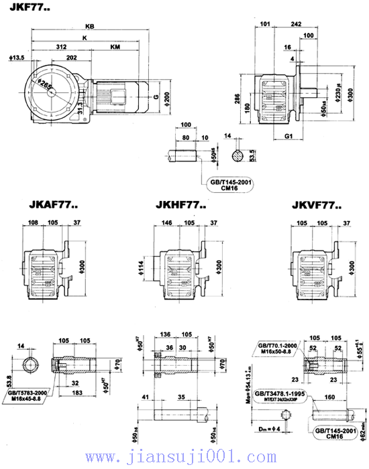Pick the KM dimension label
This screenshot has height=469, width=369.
[x=115, y=47]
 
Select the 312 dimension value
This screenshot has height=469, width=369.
[x=61, y=47]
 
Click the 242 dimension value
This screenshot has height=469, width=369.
[x=295, y=23]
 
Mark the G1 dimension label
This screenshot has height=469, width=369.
[x=289, y=136]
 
